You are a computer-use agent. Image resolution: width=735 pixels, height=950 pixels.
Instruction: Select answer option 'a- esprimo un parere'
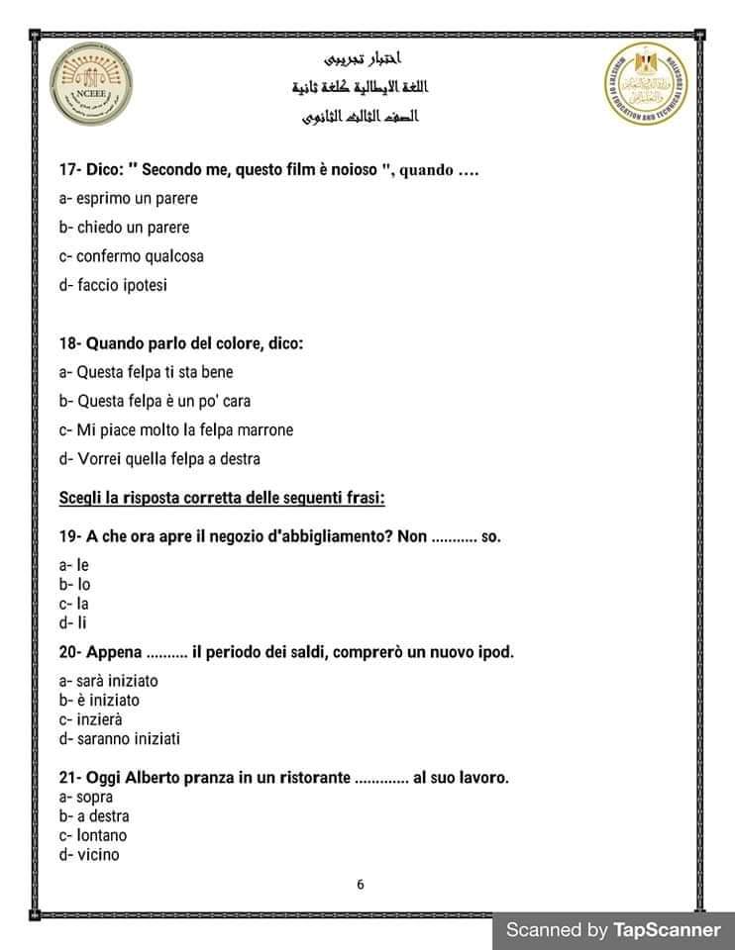pos(128,198)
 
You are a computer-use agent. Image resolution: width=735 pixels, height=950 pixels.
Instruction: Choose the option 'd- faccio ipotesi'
pos(113,285)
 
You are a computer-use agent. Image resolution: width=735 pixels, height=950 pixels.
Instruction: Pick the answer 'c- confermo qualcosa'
pos(131,256)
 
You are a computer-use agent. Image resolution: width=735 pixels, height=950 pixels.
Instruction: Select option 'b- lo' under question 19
pos(75,584)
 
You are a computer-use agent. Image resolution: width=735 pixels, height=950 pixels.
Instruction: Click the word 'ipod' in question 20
pos(496,652)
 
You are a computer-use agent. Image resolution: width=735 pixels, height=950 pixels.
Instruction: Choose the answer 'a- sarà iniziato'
pos(108,681)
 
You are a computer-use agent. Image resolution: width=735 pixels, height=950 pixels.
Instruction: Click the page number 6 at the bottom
pos(361,884)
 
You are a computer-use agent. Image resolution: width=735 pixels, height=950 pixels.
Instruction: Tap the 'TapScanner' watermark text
pos(667,929)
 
